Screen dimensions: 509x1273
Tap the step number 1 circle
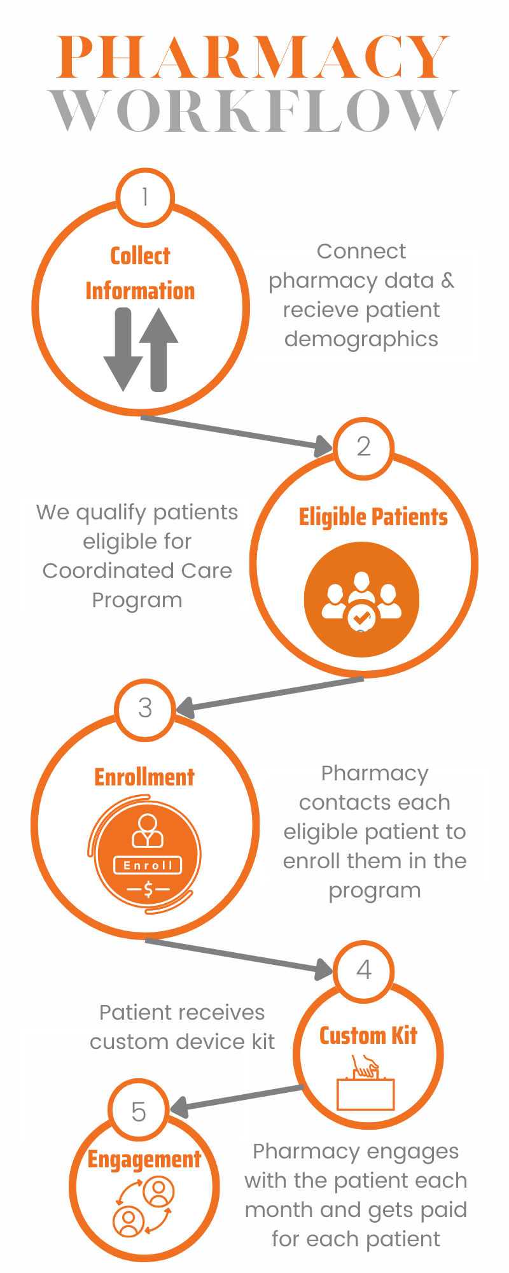145,197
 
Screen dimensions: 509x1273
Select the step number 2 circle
363,447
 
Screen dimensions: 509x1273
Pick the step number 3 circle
145,708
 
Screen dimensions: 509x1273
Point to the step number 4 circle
363,970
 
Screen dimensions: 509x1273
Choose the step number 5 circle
139,1111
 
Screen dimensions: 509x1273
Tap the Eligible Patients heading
373,517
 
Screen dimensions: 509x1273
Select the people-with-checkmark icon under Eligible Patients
361,599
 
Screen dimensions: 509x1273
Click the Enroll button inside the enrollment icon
148,865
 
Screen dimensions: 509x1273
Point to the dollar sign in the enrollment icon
148,889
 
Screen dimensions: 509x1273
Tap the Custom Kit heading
368,1036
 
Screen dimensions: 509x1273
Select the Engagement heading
144,1160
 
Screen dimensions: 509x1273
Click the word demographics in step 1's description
361,339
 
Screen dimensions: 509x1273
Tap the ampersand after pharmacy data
448,281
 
